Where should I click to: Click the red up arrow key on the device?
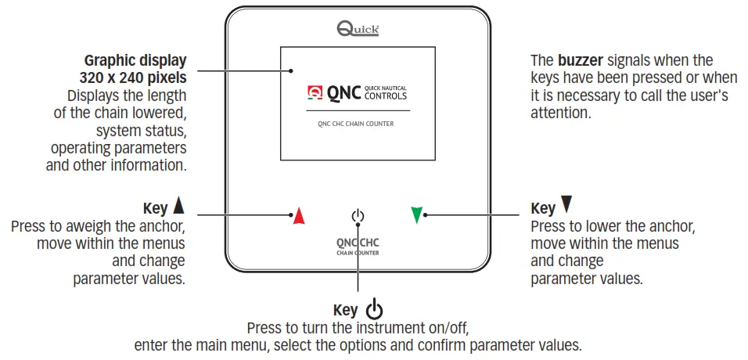pos(298,216)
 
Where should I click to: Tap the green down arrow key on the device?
pos(417,215)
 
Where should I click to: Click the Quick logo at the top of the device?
pos(358,29)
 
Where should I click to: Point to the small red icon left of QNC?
pos(315,94)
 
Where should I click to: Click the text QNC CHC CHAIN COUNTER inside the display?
pos(356,124)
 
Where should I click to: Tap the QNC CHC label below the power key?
pos(358,243)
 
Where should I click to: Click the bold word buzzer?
pos(580,60)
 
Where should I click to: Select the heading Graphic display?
pos(135,60)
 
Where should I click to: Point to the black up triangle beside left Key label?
pos(178,207)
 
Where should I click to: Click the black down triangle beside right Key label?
pos(566,206)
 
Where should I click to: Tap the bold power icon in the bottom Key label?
pos(374,310)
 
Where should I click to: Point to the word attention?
pos(560,113)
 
